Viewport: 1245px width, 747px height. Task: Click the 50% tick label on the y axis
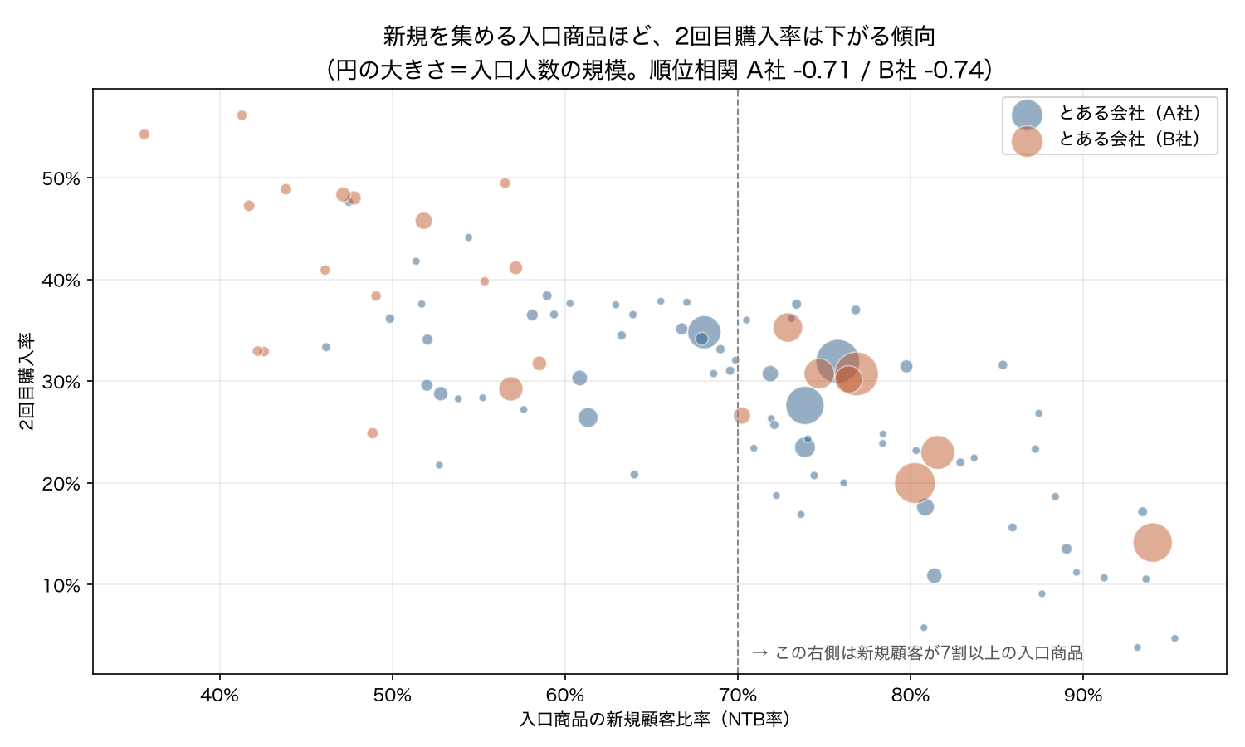(x=61, y=178)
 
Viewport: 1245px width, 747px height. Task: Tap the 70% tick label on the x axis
(x=738, y=695)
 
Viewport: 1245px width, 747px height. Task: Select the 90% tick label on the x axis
(x=1083, y=695)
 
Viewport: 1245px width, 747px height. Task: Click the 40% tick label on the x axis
(x=220, y=695)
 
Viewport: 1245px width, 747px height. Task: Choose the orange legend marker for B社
(x=1027, y=140)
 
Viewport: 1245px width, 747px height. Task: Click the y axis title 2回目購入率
(x=26, y=381)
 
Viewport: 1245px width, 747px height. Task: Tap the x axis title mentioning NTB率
(x=654, y=720)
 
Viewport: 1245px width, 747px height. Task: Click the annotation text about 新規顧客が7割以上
(x=917, y=652)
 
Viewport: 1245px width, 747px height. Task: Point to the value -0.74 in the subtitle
(x=954, y=70)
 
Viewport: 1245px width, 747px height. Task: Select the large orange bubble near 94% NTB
(x=1152, y=543)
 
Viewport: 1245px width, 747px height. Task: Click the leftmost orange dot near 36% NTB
(x=144, y=134)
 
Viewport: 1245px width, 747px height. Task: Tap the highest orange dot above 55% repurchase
(x=242, y=115)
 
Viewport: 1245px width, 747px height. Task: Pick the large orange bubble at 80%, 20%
(x=915, y=483)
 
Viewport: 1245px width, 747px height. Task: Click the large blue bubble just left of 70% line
(x=704, y=332)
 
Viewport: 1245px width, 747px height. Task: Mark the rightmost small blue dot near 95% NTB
(x=1174, y=638)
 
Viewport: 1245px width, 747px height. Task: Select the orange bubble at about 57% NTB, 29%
(x=510, y=388)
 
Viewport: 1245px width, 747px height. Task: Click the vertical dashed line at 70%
(x=738, y=381)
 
